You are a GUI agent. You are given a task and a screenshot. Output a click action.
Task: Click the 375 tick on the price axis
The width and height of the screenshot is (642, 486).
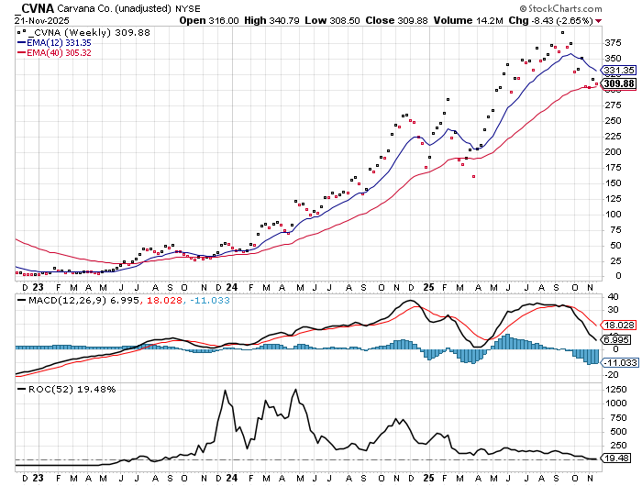pyautogui.click(x=612, y=42)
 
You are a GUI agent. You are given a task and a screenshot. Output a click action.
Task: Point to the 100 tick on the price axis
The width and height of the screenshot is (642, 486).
pyautogui.click(x=612, y=214)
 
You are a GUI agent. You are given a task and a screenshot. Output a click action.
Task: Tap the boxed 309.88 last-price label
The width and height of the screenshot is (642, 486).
pyautogui.click(x=619, y=83)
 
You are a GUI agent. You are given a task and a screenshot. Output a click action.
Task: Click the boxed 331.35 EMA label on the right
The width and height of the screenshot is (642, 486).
pyautogui.click(x=619, y=71)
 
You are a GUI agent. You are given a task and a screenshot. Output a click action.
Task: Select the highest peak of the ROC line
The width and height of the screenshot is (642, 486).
pyautogui.click(x=225, y=391)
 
